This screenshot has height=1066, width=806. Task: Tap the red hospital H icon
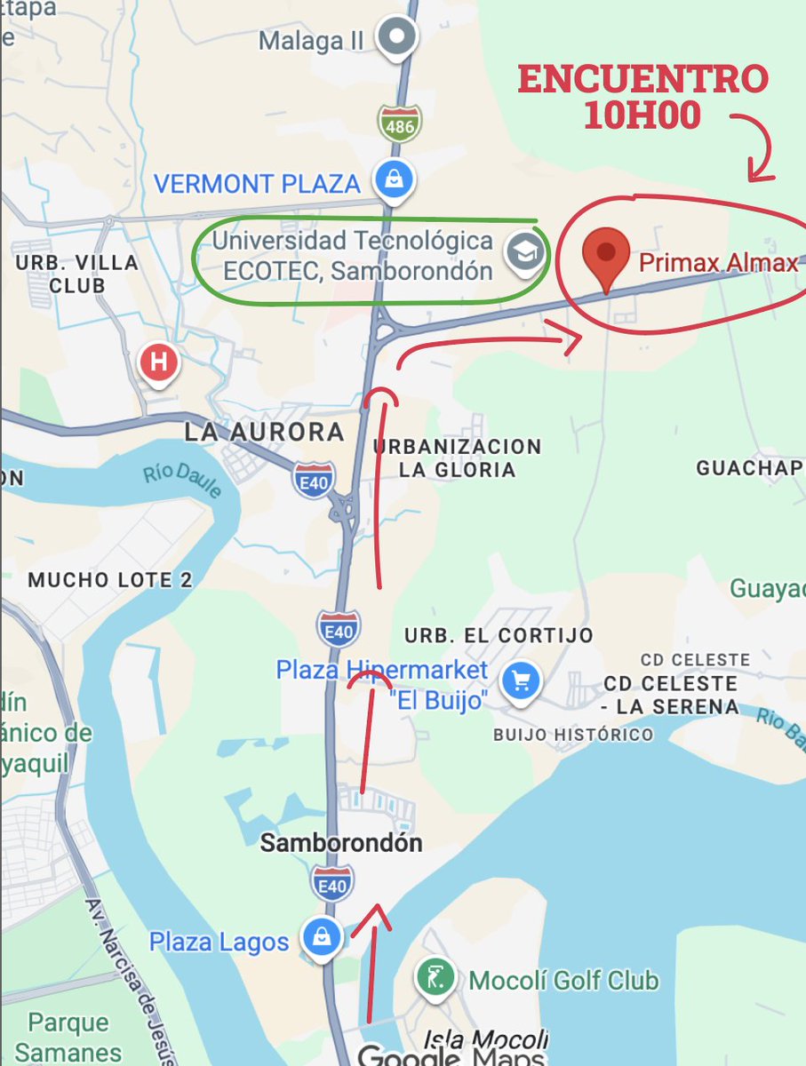click(x=160, y=362)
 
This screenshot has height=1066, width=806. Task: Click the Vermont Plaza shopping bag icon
click(x=391, y=180)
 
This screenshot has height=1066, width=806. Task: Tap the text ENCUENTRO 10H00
click(x=642, y=97)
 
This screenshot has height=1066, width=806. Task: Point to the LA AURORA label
click(x=263, y=433)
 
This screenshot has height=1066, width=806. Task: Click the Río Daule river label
click(x=181, y=482)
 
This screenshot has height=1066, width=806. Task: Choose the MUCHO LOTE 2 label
click(x=110, y=580)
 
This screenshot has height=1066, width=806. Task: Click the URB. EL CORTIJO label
click(x=498, y=635)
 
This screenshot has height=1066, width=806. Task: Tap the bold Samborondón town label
click(x=340, y=842)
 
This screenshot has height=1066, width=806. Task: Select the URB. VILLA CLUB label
click(x=77, y=274)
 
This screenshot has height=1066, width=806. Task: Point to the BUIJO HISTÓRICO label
click(x=572, y=735)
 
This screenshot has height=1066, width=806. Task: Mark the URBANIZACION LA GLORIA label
click(x=457, y=457)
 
